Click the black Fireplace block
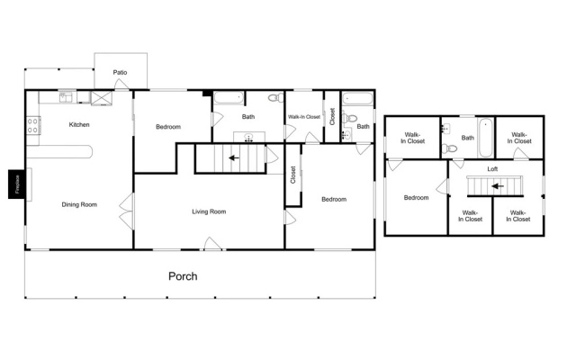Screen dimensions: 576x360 pos(16,184)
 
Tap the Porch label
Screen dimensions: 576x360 pos(183,276)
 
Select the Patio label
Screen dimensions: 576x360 pos(120,72)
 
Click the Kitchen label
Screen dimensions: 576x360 pos(79,124)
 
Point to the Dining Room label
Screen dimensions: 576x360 pos(79,204)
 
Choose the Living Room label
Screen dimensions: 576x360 pos(209,211)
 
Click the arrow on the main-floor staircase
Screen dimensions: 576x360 pos(234,158)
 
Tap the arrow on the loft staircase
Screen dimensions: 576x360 pos(498,186)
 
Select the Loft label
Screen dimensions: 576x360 pos(492,169)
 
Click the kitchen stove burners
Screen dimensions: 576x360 pos(32,125)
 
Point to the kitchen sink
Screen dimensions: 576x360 pos(66,97)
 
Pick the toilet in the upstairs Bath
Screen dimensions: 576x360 pos(450,148)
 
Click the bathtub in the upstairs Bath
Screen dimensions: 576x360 pos(486,138)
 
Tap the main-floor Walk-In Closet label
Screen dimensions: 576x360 pos(304,117)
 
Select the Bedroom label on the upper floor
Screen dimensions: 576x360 pos(416,198)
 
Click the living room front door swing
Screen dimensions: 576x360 pos(213,244)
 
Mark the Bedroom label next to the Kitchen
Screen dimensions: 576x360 pos(168,127)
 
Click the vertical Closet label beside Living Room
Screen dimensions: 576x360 pos(293,175)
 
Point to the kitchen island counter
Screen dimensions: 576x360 pos(59,152)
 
